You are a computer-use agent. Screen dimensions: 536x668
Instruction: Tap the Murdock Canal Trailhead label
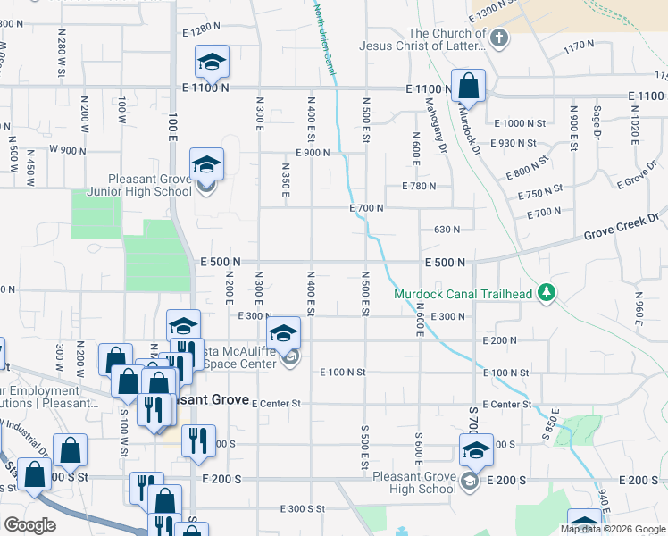point(463,294)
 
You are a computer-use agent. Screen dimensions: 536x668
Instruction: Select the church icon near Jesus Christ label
point(499,38)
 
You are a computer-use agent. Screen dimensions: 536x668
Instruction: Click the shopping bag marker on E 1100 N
point(468,86)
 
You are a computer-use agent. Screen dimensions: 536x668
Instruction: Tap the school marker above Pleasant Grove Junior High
point(206,164)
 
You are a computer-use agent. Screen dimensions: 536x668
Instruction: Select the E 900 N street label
point(309,153)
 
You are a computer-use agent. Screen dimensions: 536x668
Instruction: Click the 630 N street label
point(447,230)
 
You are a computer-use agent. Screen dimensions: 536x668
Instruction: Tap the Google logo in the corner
point(29,524)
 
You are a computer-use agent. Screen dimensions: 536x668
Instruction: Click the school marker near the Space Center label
point(283,333)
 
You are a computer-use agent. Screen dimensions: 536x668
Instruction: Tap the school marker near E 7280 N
point(212,62)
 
